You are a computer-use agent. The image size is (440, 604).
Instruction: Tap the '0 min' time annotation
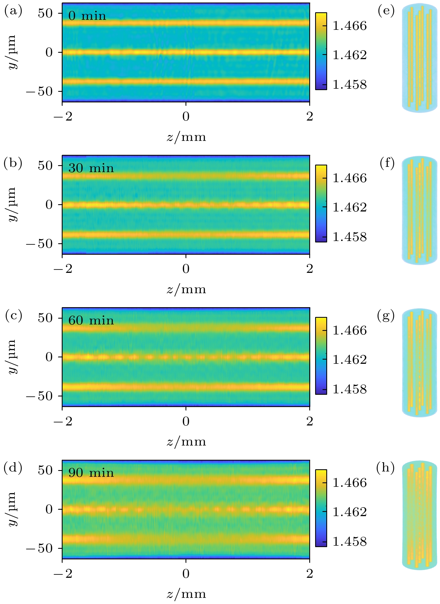[87, 16]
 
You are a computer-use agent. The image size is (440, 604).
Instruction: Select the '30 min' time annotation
[91, 168]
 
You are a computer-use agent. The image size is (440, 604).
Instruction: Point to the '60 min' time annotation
[91, 321]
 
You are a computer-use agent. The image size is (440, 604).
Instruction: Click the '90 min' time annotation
[91, 473]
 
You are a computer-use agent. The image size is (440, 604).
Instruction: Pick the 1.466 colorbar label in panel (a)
[349, 26]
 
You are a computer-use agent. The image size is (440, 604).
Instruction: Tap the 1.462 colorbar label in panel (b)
[349, 208]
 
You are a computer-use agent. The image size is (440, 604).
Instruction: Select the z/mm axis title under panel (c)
[186, 442]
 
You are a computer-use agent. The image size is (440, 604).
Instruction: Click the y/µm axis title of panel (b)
[13, 204]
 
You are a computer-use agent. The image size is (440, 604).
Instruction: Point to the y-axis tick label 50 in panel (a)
[45, 13]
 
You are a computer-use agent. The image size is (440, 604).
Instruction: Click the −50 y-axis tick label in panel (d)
[39, 548]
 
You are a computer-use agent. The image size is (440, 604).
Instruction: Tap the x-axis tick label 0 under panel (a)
[186, 116]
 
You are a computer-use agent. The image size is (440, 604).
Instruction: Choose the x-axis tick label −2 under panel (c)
[63, 421]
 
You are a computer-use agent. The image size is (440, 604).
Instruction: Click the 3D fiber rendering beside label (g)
[419, 363]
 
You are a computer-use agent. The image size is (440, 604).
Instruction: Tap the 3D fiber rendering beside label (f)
[419, 210]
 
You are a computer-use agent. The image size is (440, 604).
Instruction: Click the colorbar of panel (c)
[321, 356]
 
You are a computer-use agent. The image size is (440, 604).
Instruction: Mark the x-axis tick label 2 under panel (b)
[310, 269]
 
